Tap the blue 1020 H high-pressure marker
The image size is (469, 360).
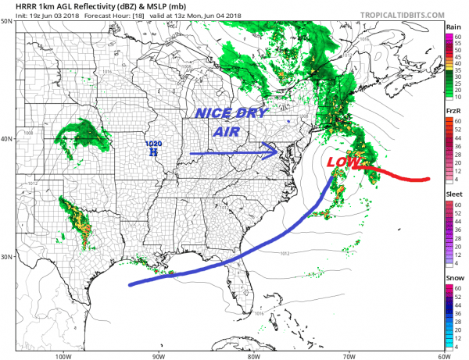click(153, 148)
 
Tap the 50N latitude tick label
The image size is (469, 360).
click(6, 21)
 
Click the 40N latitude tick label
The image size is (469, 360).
click(6, 139)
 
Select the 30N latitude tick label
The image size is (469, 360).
click(6, 257)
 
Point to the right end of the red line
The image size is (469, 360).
click(429, 179)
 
